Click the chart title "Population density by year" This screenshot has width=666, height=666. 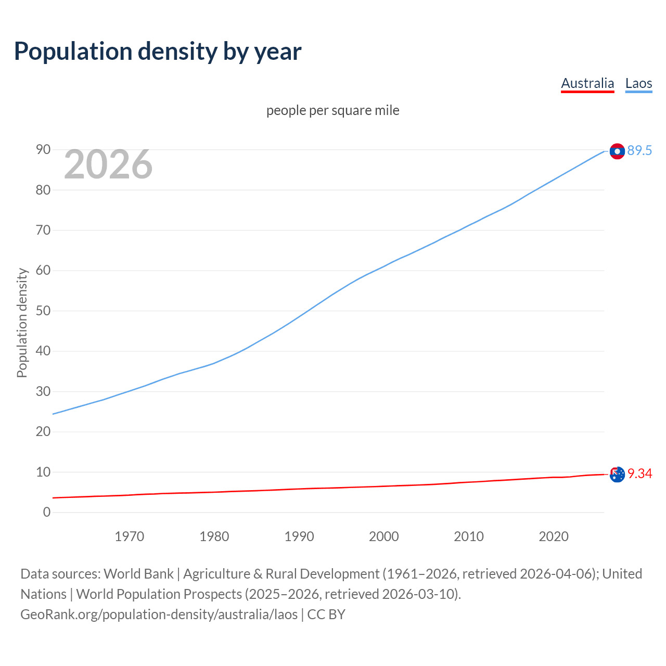click(158, 52)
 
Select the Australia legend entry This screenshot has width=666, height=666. click(587, 83)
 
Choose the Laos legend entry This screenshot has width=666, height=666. click(638, 83)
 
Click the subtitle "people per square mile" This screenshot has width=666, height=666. click(333, 111)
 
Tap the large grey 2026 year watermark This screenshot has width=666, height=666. click(108, 164)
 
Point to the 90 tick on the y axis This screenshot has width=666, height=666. click(43, 150)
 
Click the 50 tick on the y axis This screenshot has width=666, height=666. click(43, 311)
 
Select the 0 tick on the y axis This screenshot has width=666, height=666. click(47, 513)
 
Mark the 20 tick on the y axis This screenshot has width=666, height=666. click(43, 432)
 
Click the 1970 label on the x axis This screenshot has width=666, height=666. click(130, 536)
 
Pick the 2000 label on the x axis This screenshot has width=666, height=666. click(384, 536)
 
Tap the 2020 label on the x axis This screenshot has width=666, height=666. click(554, 536)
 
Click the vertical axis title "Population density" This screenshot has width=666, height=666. click(22, 323)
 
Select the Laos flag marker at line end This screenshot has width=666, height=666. click(617, 151)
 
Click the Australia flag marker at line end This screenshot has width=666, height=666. click(617, 475)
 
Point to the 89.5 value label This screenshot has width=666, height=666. click(639, 151)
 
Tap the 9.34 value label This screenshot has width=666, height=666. click(639, 474)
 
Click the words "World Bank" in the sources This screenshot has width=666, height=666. click(138, 574)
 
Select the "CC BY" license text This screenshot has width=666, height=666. click(326, 614)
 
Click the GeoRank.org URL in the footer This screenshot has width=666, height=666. click(159, 614)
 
